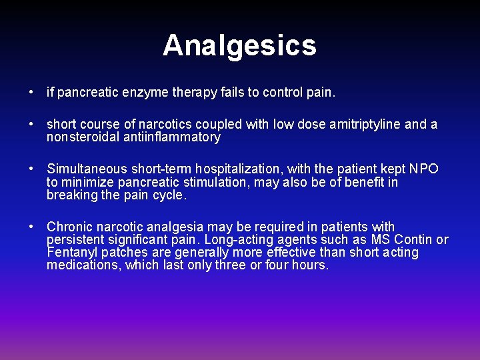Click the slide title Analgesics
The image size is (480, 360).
point(239,45)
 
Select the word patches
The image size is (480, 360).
point(123,253)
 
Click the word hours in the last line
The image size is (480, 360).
point(310,265)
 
